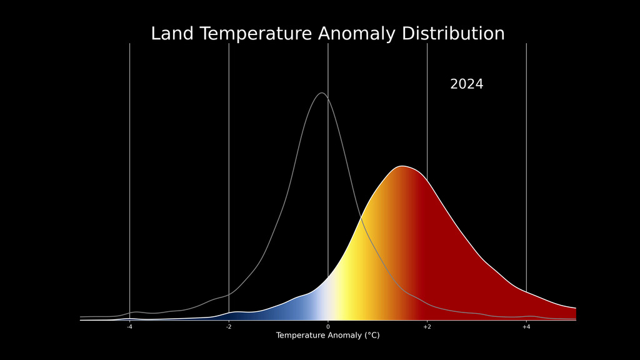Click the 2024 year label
466,84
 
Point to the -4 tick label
129,327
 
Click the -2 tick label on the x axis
229,327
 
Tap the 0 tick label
327,327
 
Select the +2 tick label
427,327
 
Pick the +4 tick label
526,327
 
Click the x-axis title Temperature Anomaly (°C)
327,336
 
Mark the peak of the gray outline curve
321,93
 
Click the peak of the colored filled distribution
402,166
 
